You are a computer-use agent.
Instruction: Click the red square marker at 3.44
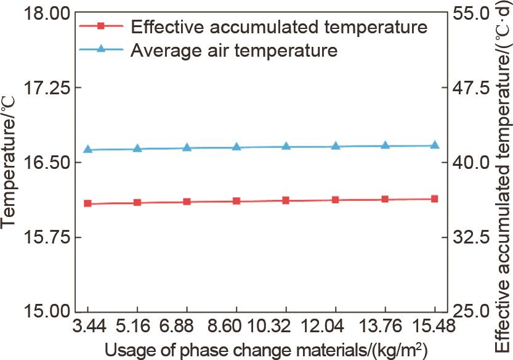point(88,203)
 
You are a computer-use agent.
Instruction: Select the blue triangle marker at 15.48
point(435,145)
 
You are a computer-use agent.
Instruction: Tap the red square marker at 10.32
point(286,200)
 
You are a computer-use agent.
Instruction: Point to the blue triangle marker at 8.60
point(236,147)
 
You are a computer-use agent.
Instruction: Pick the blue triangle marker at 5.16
point(137,148)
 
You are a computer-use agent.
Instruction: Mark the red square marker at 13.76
point(386,199)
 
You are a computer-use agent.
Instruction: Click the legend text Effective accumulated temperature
point(279,27)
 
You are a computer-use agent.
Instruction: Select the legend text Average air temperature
point(234,50)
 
